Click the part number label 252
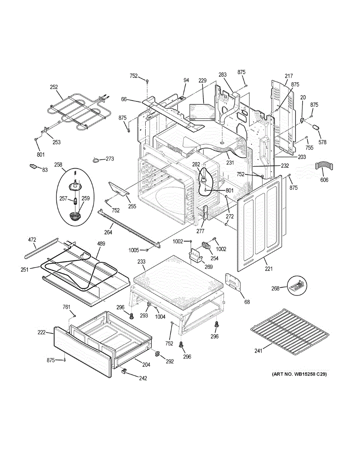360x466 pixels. click(x=54, y=88)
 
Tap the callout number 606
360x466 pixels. click(x=324, y=180)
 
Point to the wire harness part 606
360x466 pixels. click(x=325, y=166)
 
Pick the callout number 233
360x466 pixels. click(x=141, y=262)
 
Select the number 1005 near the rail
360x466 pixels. click(x=134, y=250)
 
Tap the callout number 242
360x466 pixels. click(x=143, y=379)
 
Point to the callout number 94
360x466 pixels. click(x=186, y=80)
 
